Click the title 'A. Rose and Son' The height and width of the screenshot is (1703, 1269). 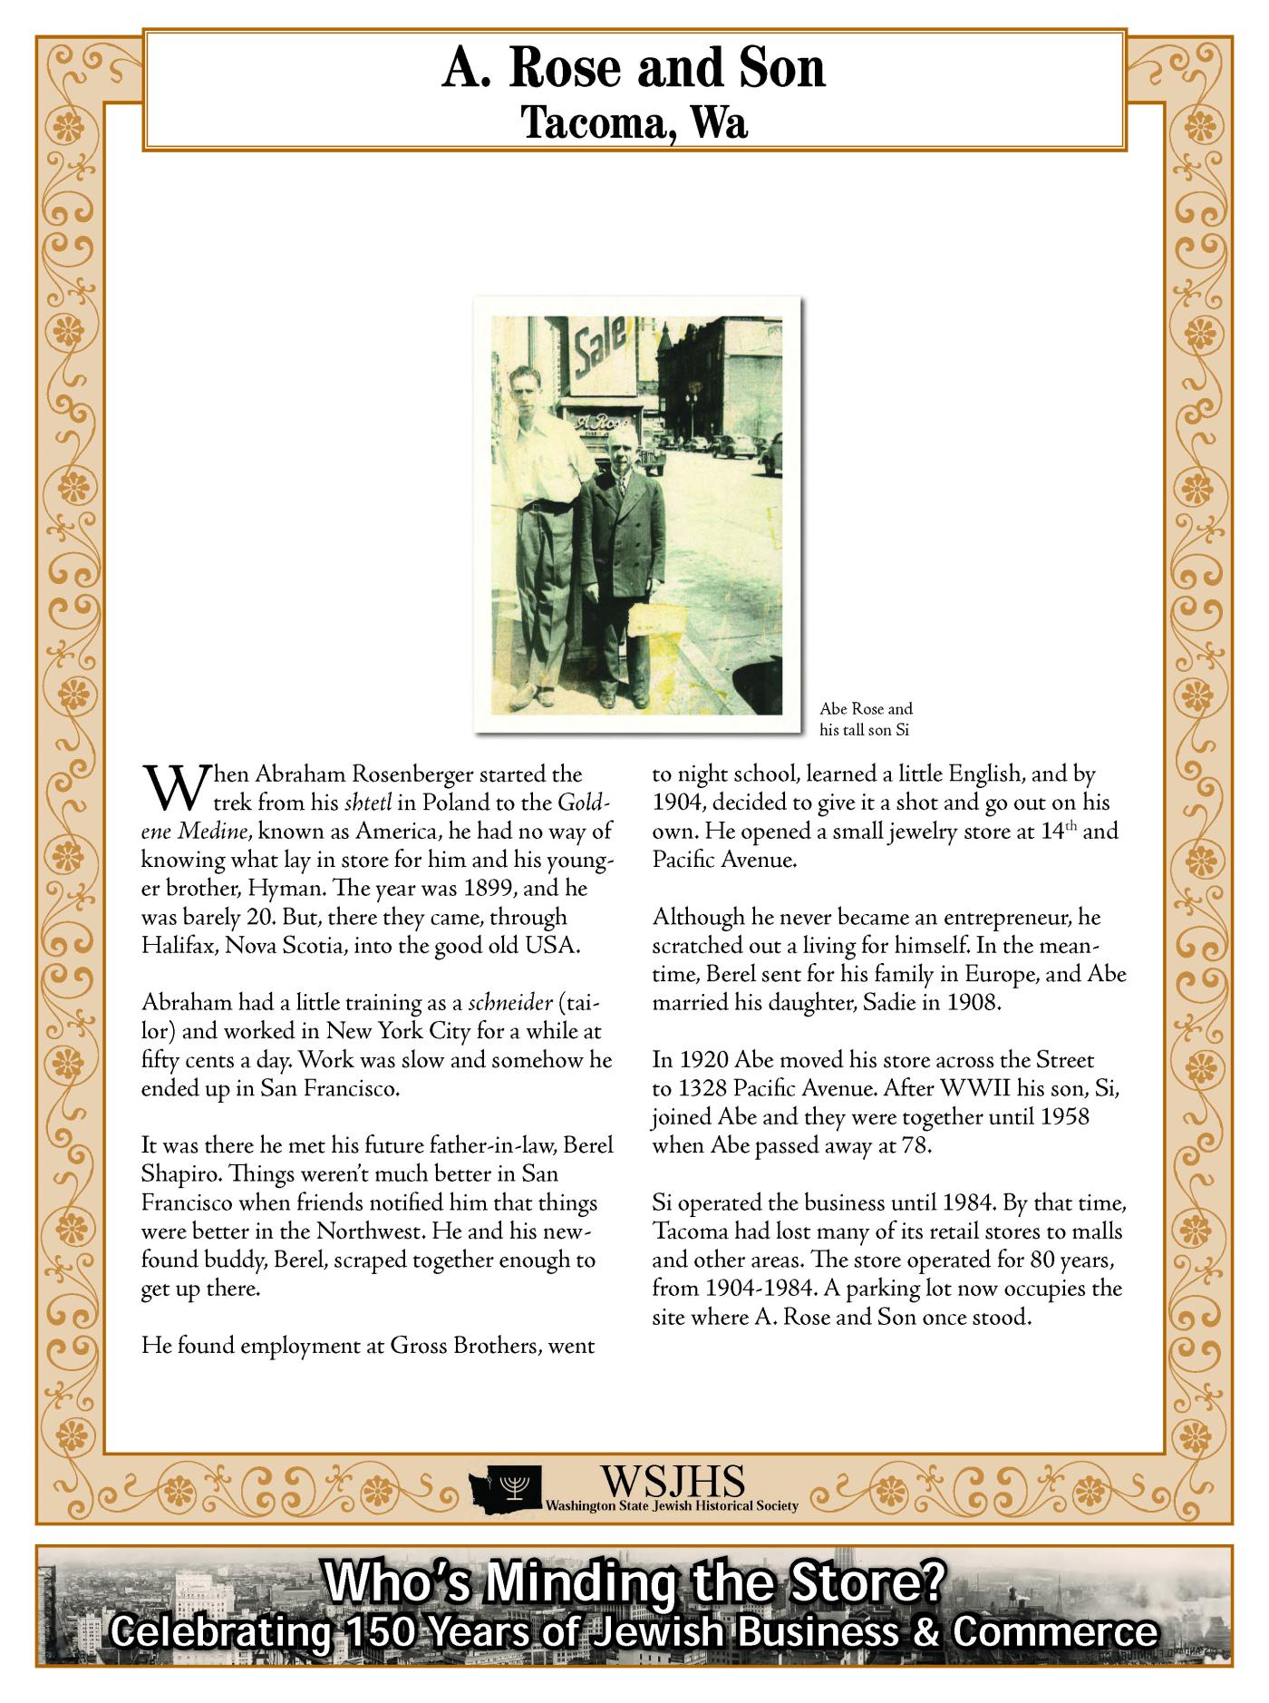pos(634,69)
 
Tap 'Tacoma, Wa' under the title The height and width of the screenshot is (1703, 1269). pos(634,122)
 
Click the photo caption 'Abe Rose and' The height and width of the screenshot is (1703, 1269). pos(866,709)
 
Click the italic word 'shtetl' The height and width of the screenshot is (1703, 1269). pos(367,803)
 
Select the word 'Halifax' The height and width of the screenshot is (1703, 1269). pos(177,945)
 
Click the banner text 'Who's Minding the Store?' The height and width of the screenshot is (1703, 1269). pos(634,1582)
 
